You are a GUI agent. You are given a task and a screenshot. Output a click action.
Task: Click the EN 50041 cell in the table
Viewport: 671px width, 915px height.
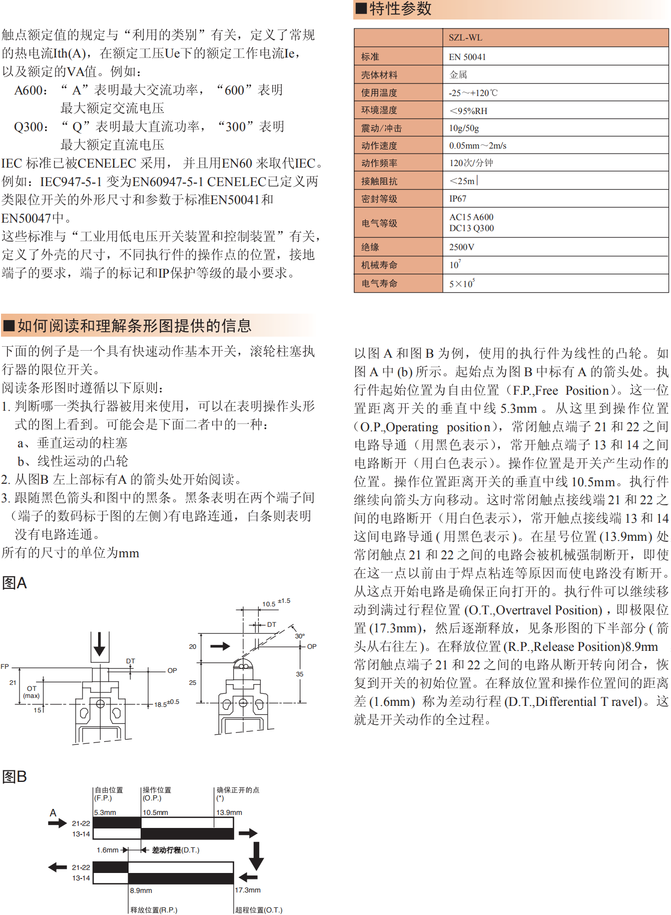point(467,57)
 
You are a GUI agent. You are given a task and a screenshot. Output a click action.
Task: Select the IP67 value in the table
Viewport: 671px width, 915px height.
point(457,199)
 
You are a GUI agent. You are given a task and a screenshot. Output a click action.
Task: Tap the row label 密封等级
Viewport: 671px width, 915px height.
point(379,199)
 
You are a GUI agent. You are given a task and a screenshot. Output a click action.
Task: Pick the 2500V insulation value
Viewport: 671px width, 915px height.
point(461,247)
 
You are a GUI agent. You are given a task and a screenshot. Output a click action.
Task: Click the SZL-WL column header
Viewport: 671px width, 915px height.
point(465,38)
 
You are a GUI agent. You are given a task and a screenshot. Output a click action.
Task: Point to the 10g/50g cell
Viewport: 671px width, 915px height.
point(464,128)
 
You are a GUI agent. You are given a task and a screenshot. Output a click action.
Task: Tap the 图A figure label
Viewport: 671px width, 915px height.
point(15,583)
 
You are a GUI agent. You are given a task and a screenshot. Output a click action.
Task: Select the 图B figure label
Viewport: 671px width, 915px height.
point(15,776)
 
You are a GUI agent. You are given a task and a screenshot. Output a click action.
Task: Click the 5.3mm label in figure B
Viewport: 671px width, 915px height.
point(105,812)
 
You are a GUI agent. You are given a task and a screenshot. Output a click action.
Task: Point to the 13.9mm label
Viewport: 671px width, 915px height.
point(229,812)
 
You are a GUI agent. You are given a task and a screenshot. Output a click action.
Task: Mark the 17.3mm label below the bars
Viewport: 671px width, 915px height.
point(248,890)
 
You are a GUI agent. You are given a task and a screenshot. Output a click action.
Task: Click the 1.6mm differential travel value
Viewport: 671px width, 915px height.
point(108,850)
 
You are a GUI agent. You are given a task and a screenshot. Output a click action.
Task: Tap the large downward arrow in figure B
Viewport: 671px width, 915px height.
point(256,856)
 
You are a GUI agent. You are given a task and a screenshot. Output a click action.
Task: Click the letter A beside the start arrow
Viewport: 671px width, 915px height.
point(53,813)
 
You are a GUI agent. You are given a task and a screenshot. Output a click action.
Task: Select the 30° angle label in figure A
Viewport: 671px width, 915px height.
point(300,636)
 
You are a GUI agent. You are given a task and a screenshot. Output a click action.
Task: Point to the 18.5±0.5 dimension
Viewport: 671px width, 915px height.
point(166,704)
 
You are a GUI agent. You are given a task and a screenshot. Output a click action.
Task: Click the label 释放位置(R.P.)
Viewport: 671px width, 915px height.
point(154,910)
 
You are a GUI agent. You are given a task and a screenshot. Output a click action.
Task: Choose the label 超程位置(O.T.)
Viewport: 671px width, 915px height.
point(259,910)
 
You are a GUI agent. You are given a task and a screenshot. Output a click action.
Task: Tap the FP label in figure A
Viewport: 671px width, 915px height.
point(5,666)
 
